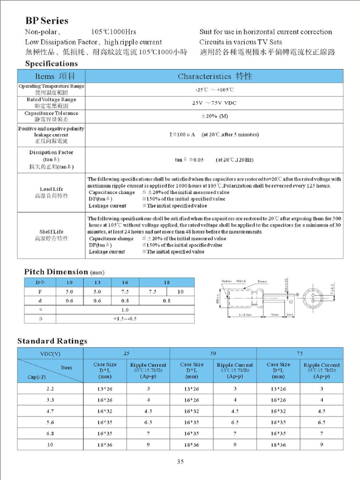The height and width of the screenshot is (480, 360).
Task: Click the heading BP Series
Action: (46, 21)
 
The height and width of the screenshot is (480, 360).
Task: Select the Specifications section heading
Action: (51, 63)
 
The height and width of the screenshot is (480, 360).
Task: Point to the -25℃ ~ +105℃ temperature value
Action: (214, 89)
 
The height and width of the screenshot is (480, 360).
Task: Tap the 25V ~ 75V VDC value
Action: (214, 103)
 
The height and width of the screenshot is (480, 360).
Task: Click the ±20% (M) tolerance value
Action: (214, 116)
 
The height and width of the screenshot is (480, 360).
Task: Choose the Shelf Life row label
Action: (51, 235)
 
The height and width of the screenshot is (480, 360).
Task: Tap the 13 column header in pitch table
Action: (97, 282)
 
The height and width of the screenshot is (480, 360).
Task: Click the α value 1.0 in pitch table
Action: (125, 310)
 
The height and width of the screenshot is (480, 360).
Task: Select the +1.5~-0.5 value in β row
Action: (125, 319)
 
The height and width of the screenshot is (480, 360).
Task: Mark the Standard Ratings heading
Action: (52, 341)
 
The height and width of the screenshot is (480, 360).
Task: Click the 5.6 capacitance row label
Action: (51, 422)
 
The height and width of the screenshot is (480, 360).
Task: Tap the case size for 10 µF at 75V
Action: (278, 444)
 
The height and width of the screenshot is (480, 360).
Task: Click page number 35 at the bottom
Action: (180, 462)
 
